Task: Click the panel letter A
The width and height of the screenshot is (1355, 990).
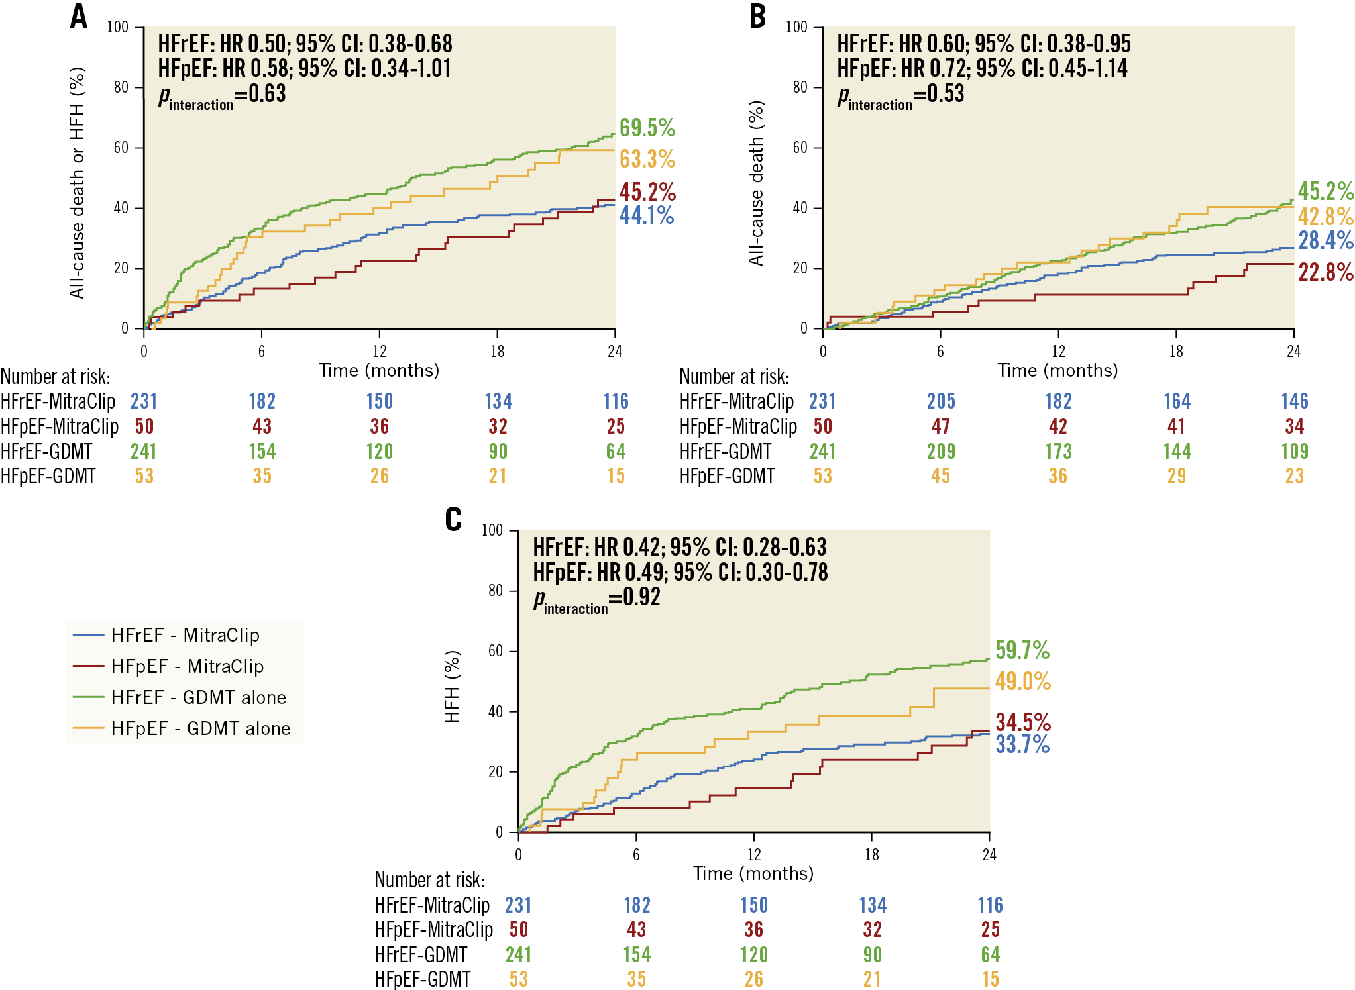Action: tap(79, 17)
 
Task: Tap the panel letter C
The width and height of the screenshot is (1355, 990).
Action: tap(453, 520)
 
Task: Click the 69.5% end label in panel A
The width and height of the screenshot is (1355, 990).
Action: tap(647, 128)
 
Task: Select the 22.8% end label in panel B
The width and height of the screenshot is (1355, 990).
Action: tap(1325, 272)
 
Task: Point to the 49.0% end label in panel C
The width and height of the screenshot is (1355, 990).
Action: tap(1022, 681)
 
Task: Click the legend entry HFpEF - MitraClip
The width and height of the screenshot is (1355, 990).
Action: tap(187, 666)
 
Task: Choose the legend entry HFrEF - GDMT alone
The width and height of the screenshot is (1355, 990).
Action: tap(198, 697)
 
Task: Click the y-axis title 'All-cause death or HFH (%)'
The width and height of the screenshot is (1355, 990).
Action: tap(77, 183)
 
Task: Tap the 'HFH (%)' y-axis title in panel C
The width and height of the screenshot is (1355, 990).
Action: tap(452, 687)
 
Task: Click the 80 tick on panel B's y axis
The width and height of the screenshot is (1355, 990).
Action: tap(800, 87)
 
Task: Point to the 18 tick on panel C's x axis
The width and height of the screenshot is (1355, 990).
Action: tap(871, 855)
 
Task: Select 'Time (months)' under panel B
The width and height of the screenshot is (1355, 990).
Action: tap(1057, 371)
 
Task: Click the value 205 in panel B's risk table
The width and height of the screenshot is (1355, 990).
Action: tap(940, 401)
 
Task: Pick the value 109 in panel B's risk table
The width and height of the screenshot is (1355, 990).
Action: tap(1294, 452)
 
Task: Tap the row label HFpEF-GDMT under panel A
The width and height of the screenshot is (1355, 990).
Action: tap(48, 476)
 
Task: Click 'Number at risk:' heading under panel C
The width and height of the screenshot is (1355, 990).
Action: tap(429, 880)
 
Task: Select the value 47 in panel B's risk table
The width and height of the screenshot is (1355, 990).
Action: tap(940, 426)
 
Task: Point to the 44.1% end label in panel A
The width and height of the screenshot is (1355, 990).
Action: tap(646, 215)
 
